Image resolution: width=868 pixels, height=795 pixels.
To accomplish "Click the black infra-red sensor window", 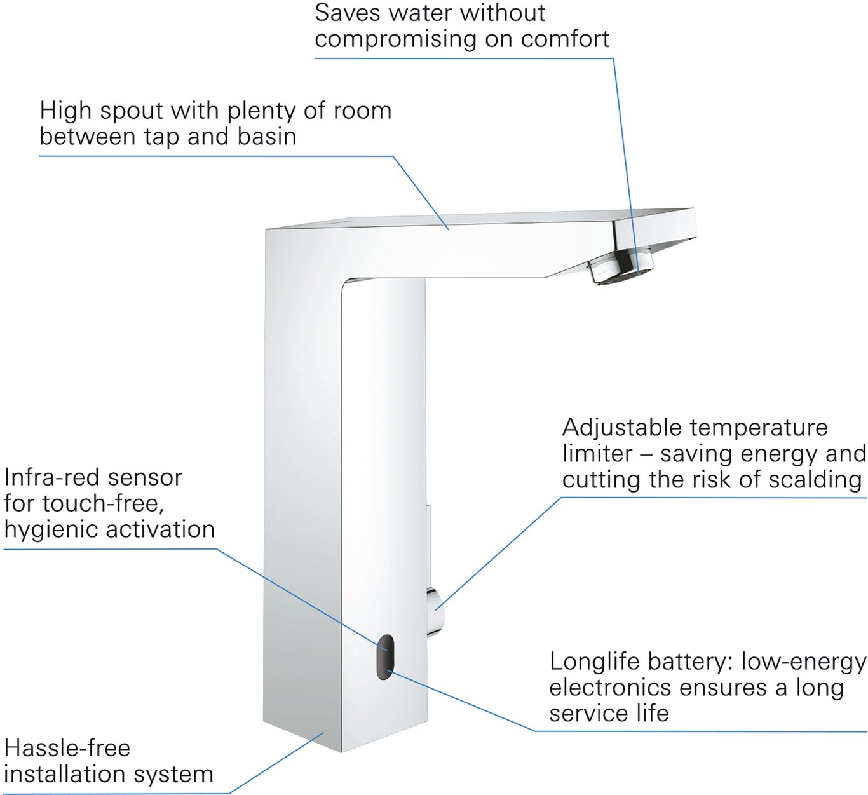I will coord(383,656).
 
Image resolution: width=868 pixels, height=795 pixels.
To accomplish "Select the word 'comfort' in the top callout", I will coord(565,39).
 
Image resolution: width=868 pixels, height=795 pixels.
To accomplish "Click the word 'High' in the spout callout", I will coord(65,111).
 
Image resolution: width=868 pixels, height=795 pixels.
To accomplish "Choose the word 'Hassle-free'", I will coord(67,748).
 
